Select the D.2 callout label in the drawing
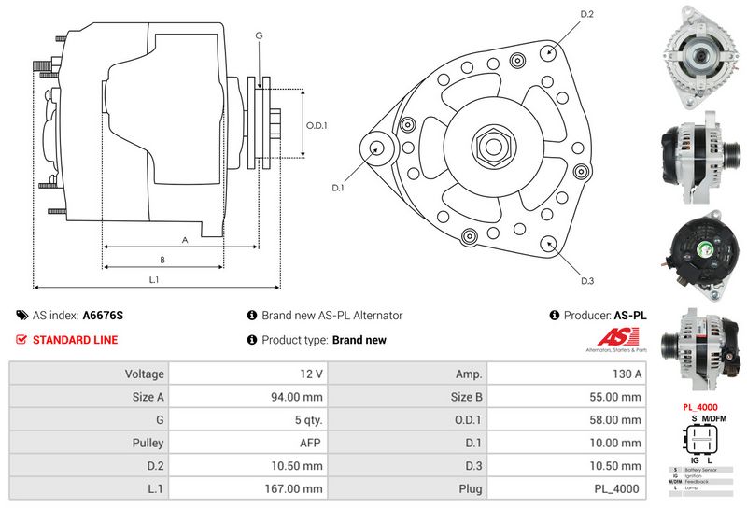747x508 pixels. click(x=587, y=14)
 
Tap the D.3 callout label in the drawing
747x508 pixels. click(x=587, y=281)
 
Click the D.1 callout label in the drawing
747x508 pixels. click(x=337, y=188)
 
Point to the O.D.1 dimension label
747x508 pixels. click(x=317, y=126)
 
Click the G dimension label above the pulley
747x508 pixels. click(x=259, y=35)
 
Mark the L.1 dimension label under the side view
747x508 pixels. click(x=155, y=279)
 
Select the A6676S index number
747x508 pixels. click(x=103, y=316)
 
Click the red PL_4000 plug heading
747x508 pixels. click(x=699, y=407)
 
